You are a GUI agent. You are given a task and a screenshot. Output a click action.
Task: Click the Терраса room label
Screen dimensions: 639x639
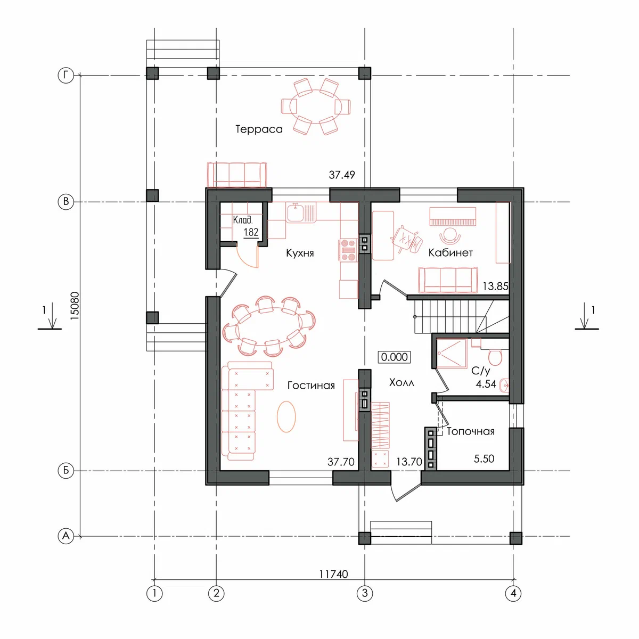coord(259,129)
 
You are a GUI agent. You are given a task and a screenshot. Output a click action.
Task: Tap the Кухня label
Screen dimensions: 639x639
coord(300,253)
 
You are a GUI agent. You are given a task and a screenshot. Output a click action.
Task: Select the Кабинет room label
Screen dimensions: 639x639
coord(450,253)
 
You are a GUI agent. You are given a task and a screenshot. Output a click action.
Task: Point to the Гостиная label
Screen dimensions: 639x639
coord(311,386)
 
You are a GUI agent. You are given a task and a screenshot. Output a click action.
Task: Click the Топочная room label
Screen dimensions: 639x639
coord(470,431)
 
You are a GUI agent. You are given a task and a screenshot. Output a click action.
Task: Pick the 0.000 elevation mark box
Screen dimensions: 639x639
coord(394,357)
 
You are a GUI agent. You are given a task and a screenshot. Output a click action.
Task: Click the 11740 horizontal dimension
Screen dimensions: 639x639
coord(333,574)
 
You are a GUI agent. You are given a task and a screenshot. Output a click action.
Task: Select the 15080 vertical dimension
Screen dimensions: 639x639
coord(75,306)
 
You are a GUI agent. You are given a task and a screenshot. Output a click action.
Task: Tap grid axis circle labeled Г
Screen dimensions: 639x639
coord(66,76)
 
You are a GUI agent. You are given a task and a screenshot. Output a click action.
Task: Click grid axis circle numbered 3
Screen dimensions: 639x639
coord(365,593)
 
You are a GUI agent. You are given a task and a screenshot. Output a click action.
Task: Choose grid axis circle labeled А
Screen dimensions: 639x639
coord(66,536)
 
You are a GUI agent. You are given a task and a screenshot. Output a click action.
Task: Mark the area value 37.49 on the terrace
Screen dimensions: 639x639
coord(342,175)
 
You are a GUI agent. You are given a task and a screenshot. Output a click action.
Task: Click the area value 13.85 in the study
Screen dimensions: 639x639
coord(495,286)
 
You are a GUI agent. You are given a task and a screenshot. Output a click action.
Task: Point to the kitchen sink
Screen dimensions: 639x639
coord(297,213)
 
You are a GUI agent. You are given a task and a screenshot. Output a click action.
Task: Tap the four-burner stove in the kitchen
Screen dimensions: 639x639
coord(348,250)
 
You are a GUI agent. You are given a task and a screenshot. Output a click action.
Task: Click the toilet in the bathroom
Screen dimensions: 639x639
coord(495,357)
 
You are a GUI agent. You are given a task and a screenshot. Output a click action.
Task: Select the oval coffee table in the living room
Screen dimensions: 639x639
coord(286,417)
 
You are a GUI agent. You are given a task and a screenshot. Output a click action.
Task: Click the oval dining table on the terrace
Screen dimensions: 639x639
coord(316,106)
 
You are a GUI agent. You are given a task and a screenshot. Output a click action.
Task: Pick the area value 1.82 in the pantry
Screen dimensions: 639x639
coord(251,233)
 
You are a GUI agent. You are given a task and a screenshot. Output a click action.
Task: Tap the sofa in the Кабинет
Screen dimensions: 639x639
coord(448,280)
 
